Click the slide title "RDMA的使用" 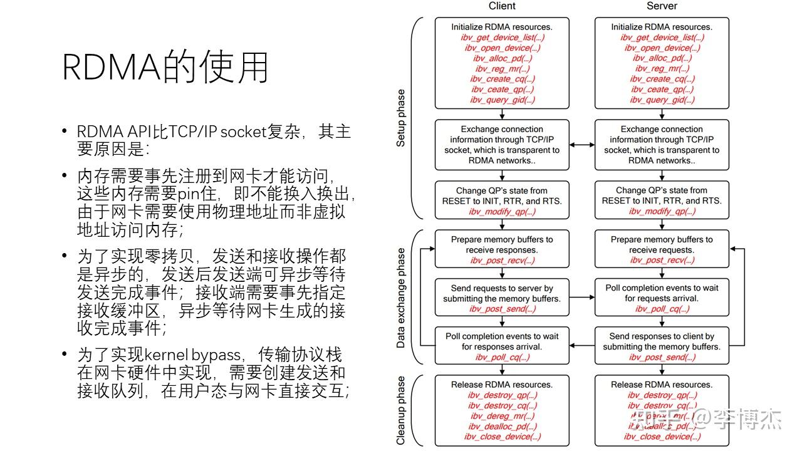coord(165,67)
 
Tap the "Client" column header coord(502,6)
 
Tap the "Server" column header coord(662,6)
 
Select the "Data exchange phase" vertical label coord(401,298)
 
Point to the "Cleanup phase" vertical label coord(401,410)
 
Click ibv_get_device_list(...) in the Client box coord(502,38)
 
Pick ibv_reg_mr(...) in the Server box coord(662,69)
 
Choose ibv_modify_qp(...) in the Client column coord(502,212)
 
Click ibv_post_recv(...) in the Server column coord(662,261)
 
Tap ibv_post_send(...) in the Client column coord(502,309)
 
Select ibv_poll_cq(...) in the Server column coord(662,309)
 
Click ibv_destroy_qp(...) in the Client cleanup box coord(502,395)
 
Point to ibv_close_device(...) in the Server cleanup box coord(662,437)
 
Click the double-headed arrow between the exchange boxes coord(582,145)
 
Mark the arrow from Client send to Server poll coord(582,298)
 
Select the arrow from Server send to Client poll coord(582,346)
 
